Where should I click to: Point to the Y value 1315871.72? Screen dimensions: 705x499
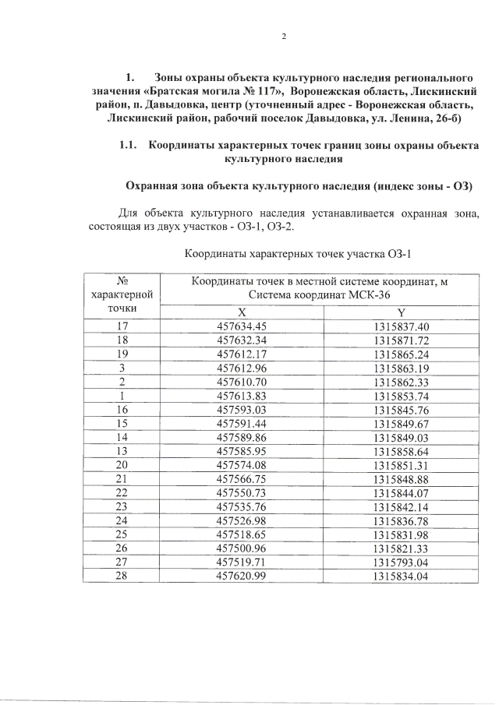point(402,340)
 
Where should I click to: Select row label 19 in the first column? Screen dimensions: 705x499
point(122,354)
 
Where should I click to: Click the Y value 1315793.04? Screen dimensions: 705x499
point(402,562)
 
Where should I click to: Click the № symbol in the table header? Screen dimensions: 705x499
point(122,280)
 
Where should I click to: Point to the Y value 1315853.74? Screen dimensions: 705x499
point(402,396)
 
